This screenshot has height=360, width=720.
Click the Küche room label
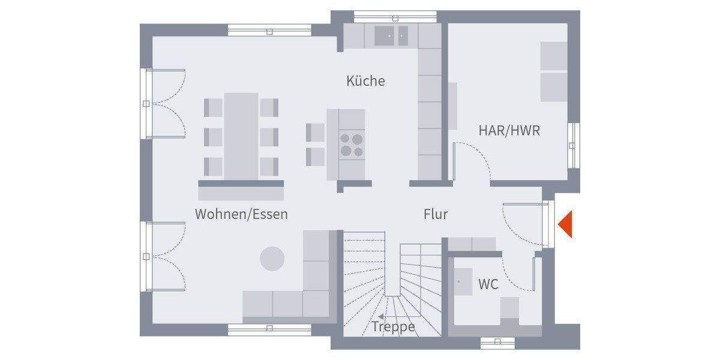(365, 81)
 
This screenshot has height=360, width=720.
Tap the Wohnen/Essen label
(241, 214)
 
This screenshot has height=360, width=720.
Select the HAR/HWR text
(509, 130)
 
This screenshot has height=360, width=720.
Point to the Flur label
(436, 214)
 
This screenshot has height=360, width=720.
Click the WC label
(488, 284)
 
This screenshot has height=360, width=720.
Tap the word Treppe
(394, 326)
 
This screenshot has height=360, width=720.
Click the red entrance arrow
(566, 225)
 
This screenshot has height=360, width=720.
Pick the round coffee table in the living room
(272, 259)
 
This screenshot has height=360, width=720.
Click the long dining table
(241, 136)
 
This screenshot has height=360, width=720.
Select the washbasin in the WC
(463, 281)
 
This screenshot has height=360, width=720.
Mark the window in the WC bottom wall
(497, 343)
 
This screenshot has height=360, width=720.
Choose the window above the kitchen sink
(387, 16)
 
